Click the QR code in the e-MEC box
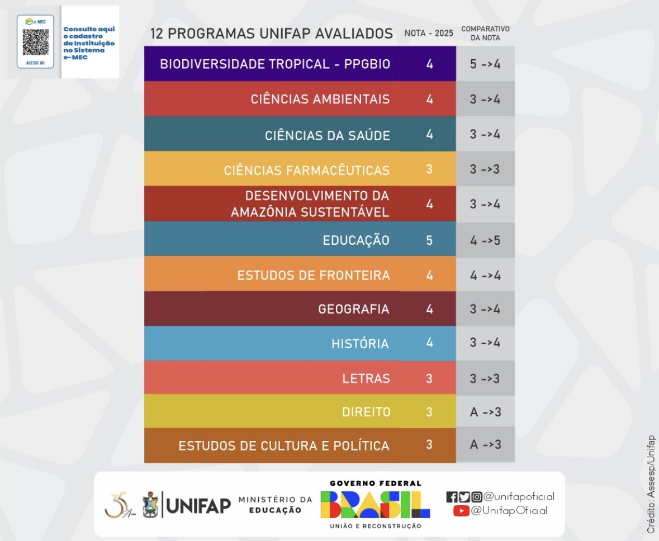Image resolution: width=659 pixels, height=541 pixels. pyautogui.click(x=35, y=42)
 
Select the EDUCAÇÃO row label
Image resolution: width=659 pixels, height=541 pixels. pyautogui.click(x=356, y=240)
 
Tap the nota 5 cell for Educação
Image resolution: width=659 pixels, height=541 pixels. pyautogui.click(x=429, y=240)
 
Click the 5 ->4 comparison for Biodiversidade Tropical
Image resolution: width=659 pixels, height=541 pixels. pyautogui.click(x=485, y=64)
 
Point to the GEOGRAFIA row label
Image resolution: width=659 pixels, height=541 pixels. pyautogui.click(x=353, y=309)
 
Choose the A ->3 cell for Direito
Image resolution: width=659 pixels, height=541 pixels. pyautogui.click(x=485, y=412)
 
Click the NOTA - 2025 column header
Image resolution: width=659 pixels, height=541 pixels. pyautogui.click(x=429, y=34)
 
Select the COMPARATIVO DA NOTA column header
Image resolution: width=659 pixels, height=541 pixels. pyautogui.click(x=485, y=33)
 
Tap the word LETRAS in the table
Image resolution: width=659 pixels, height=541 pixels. pyautogui.click(x=366, y=378)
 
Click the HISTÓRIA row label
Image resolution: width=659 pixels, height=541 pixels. pyautogui.click(x=360, y=344)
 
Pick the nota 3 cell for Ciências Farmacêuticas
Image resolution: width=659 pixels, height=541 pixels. pyautogui.click(x=429, y=169)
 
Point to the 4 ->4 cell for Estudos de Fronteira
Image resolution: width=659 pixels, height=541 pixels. pyautogui.click(x=485, y=275)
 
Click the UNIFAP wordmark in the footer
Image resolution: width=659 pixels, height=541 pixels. pyautogui.click(x=198, y=506)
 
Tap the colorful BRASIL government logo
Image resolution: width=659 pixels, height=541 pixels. pyautogui.click(x=375, y=505)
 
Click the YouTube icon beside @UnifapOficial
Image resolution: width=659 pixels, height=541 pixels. pyautogui.click(x=461, y=510)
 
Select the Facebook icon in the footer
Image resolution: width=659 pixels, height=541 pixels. pyautogui.click(x=452, y=496)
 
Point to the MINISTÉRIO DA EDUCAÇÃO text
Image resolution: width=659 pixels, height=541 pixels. pyautogui.click(x=275, y=505)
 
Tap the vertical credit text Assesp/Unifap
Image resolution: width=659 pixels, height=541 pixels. pyautogui.click(x=651, y=484)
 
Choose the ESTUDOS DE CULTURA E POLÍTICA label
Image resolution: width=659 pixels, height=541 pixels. pyautogui.click(x=284, y=446)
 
